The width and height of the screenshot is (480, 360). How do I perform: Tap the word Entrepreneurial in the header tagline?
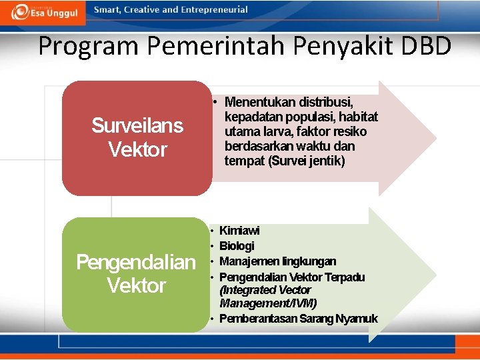(213, 10)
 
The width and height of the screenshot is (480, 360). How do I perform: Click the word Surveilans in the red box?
(137, 125)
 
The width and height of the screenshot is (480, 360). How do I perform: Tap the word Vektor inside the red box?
(137, 149)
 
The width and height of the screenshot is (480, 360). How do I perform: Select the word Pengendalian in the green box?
(136, 262)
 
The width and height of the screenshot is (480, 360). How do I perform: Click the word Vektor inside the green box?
(136, 286)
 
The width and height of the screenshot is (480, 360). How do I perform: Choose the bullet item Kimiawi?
(239, 231)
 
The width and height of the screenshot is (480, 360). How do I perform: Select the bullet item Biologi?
(237, 246)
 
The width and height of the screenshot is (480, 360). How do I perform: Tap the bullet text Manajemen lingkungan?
(277, 261)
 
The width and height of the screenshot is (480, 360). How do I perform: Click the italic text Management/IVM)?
(268, 303)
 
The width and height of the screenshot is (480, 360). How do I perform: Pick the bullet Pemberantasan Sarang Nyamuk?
(298, 319)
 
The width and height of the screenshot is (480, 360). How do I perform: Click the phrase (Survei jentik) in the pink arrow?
(306, 161)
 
